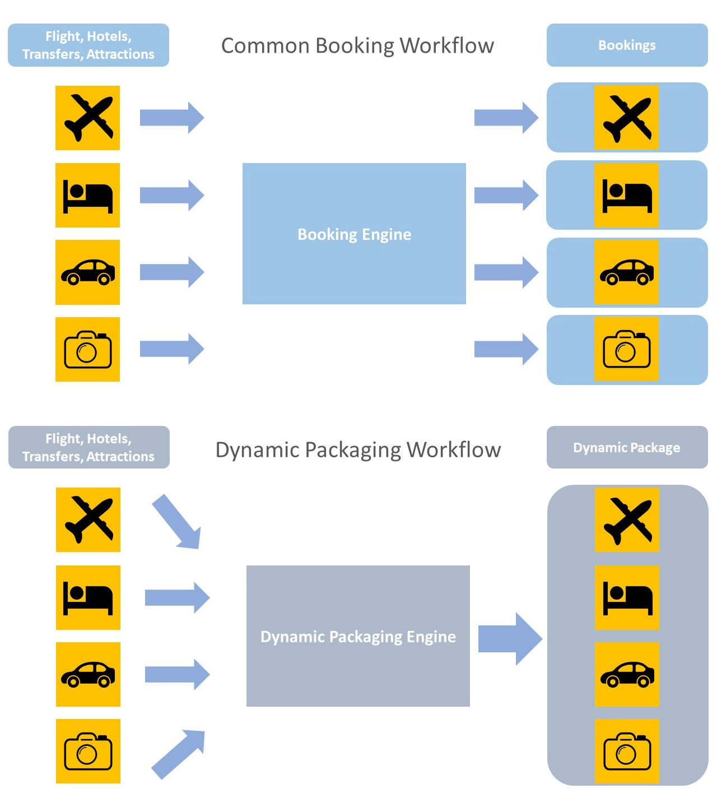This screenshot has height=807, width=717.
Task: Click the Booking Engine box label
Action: (x=354, y=234)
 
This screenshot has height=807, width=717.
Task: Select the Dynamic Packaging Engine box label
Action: (x=358, y=637)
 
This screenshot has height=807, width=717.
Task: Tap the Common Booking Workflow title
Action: (x=357, y=45)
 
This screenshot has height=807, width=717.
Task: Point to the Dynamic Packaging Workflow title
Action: (x=358, y=449)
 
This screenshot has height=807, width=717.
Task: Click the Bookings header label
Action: (x=627, y=45)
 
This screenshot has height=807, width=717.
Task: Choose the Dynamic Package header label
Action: (x=627, y=448)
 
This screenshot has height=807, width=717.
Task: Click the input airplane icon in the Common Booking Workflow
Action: (x=87, y=118)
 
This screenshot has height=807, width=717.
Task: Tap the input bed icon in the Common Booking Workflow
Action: (x=87, y=196)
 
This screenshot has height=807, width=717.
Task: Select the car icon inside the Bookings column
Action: (x=626, y=272)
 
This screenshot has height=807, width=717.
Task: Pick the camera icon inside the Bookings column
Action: (x=626, y=349)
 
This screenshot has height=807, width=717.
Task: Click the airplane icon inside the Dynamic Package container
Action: (x=627, y=520)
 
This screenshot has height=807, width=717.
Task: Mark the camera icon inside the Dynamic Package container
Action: (x=627, y=751)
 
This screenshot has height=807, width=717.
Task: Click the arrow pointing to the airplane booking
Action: (x=506, y=118)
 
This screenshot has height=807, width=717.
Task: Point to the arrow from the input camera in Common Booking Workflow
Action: (x=171, y=349)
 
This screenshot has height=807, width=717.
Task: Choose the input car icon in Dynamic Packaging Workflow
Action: (x=88, y=674)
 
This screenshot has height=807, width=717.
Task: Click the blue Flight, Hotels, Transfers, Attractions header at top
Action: (x=89, y=45)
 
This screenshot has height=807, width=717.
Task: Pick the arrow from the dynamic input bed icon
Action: (x=177, y=597)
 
